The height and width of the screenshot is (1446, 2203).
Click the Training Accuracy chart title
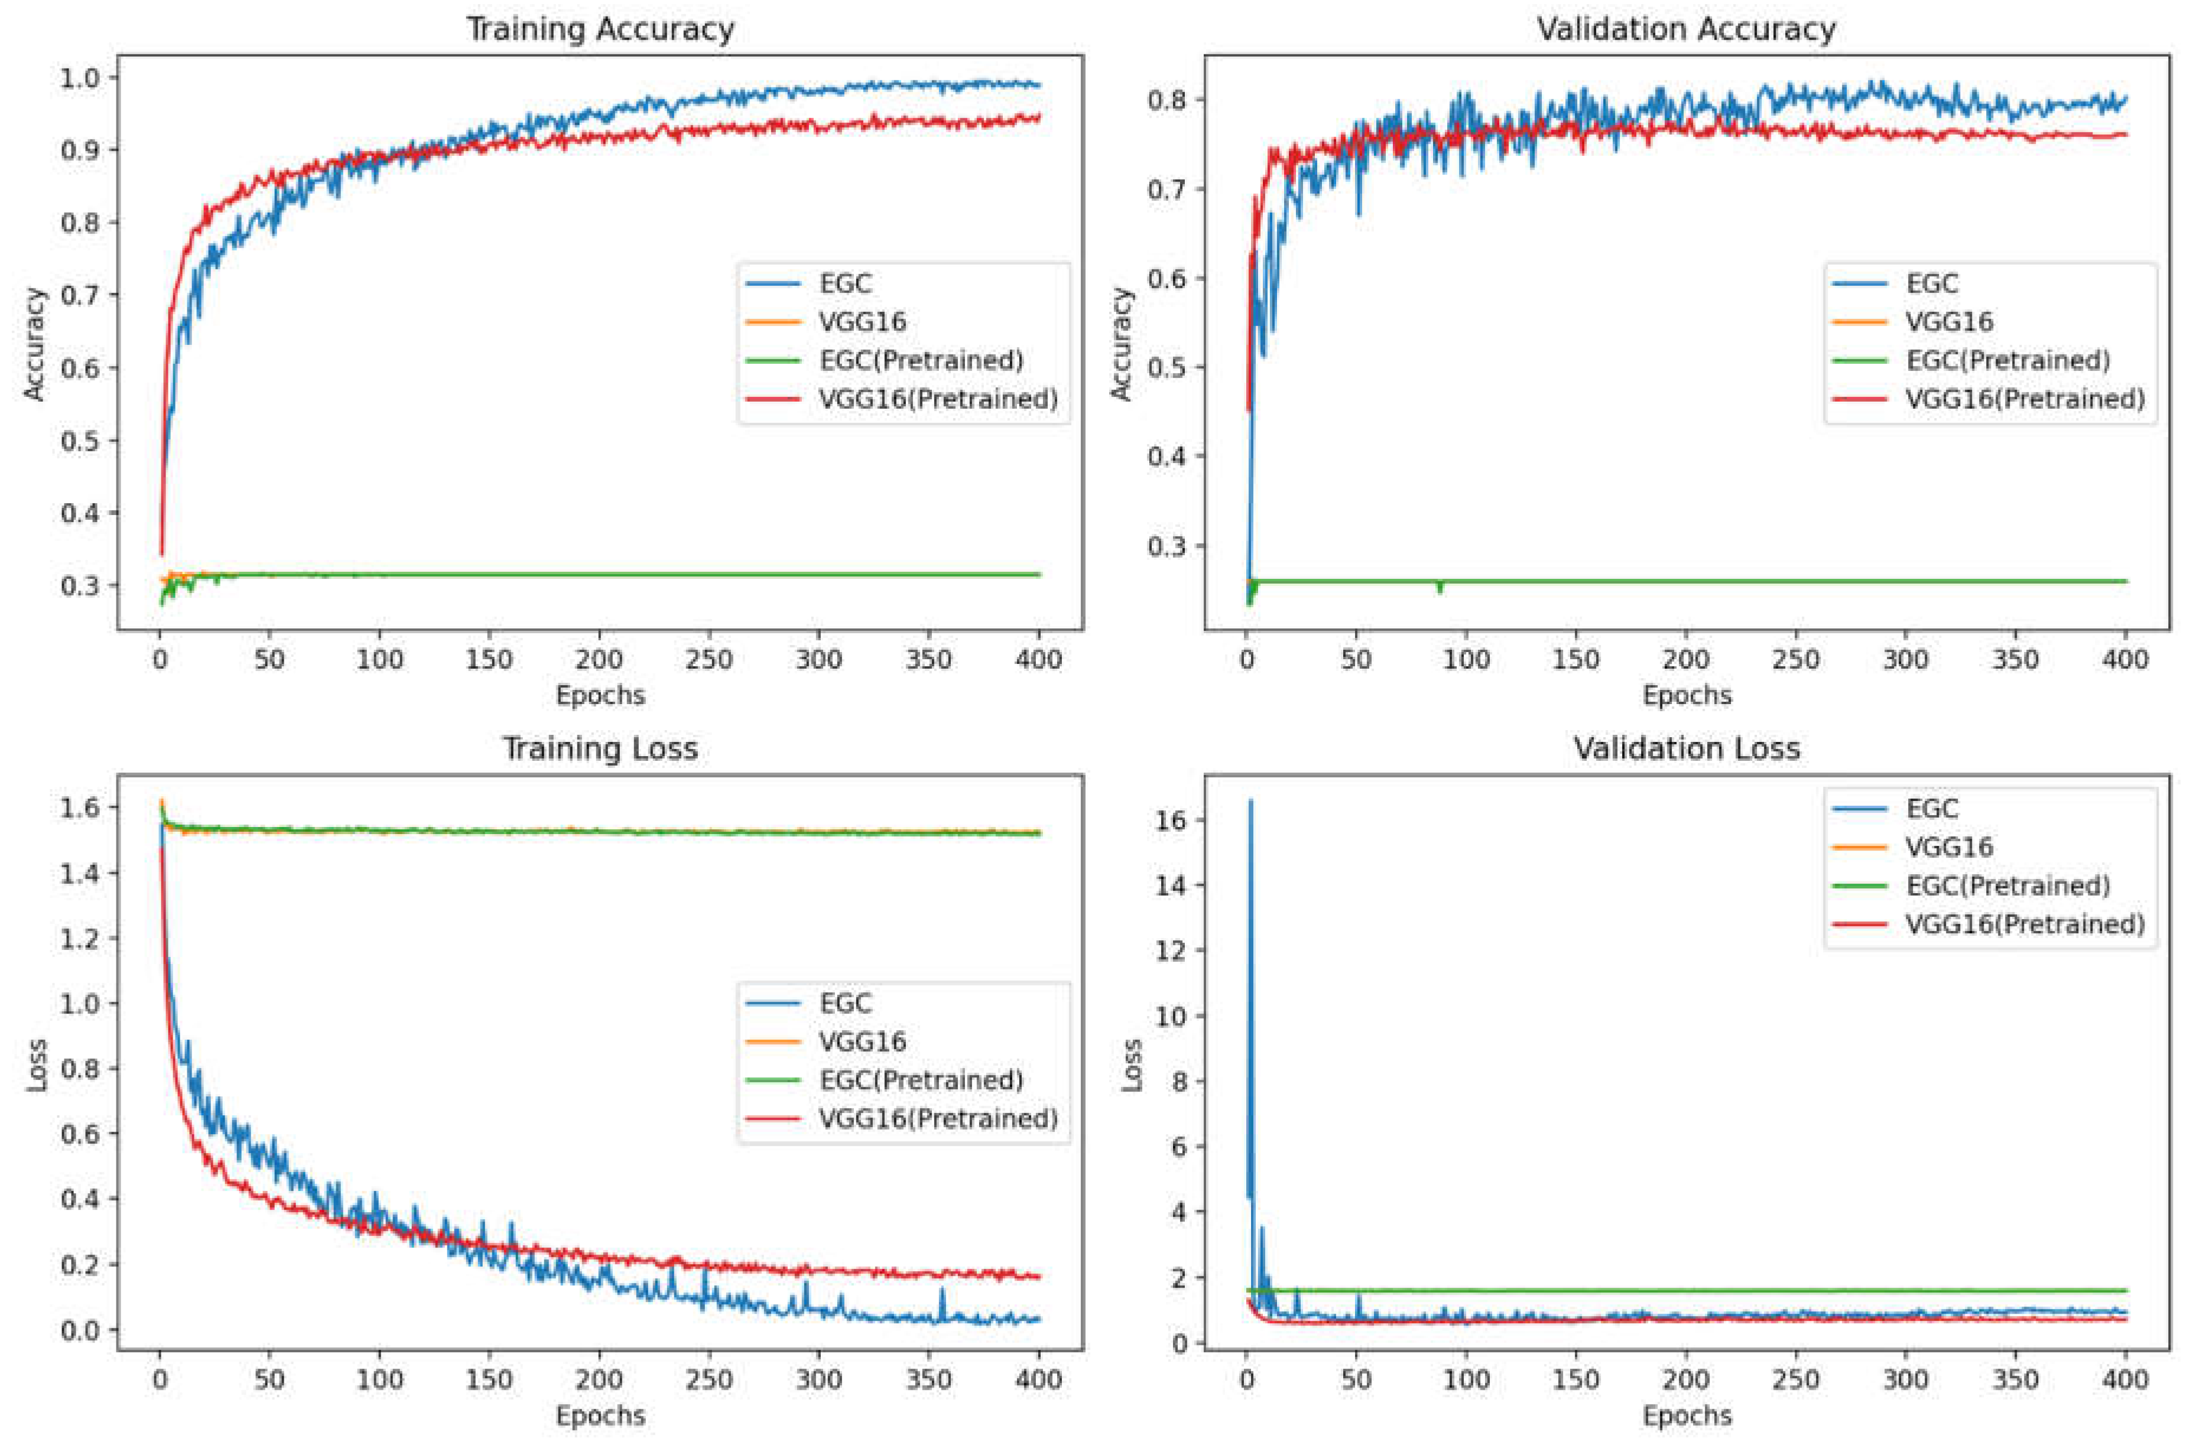600,29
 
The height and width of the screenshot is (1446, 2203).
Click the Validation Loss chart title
1687,748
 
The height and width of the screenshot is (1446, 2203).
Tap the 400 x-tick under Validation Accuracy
2125,660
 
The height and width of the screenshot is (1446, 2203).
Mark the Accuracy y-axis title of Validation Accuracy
1121,344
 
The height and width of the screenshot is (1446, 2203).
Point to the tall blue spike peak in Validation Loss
1250,801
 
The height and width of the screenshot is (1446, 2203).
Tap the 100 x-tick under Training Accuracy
379,660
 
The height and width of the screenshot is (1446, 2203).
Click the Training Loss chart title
600,748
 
